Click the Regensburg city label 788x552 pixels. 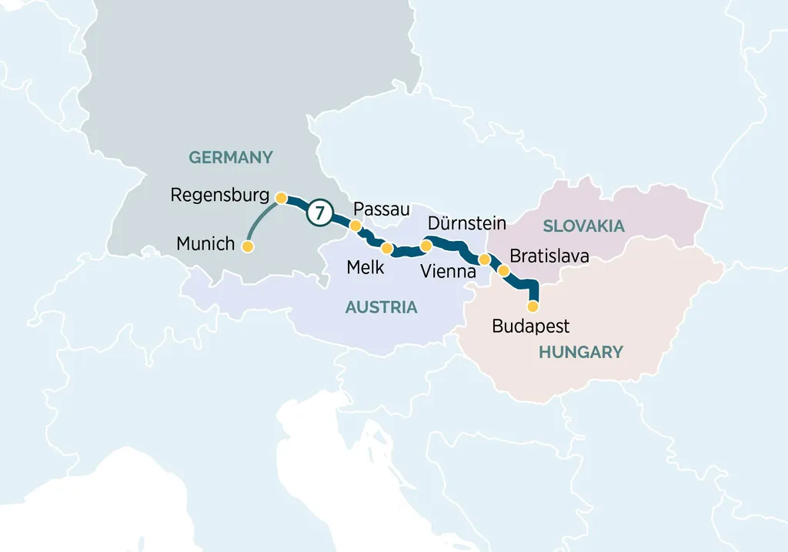coord(219,195)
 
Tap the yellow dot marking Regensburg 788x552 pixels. coord(282,198)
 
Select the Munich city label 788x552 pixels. coord(205,244)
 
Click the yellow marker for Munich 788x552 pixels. coord(248,247)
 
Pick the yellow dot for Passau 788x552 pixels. coord(356,226)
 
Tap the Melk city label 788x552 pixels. coord(366,267)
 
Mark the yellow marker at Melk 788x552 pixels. coord(387,248)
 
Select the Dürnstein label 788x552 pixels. coord(466,224)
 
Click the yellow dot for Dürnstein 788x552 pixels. coord(426,246)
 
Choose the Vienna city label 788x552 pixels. coord(448,272)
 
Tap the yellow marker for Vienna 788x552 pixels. coord(484,259)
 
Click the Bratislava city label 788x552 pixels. coord(549,256)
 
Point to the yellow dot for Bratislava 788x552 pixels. coord(504,270)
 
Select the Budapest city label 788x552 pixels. coord(531,326)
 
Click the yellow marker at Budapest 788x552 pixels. coord(533,306)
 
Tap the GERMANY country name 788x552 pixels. coord(231,158)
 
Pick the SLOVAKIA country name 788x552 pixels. coord(583,226)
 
